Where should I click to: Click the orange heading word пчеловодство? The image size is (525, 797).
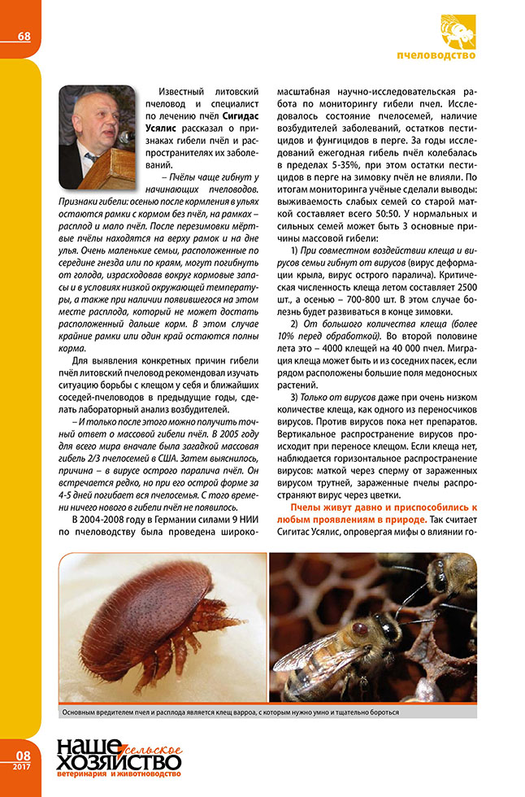pyautogui.click(x=436, y=55)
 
